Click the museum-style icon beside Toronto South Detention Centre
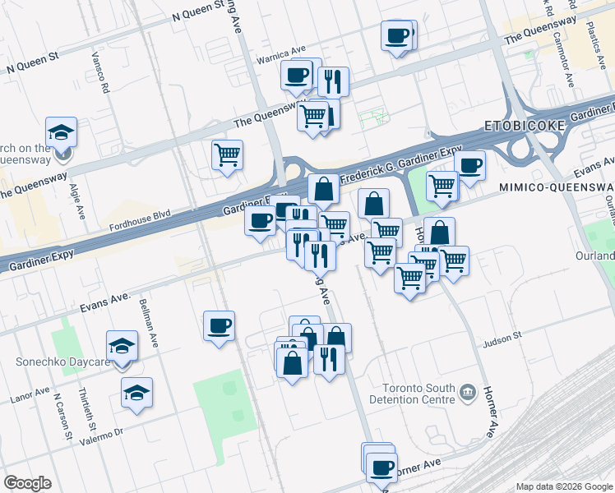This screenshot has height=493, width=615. click(x=469, y=390)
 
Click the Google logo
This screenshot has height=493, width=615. click(x=27, y=483)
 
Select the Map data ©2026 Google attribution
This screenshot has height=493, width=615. click(x=564, y=486)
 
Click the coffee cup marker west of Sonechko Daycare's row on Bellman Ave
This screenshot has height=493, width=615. click(x=219, y=326)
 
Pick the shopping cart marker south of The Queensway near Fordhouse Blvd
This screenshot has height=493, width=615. click(x=227, y=154)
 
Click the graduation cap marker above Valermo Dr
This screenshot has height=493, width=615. click(x=136, y=394)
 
